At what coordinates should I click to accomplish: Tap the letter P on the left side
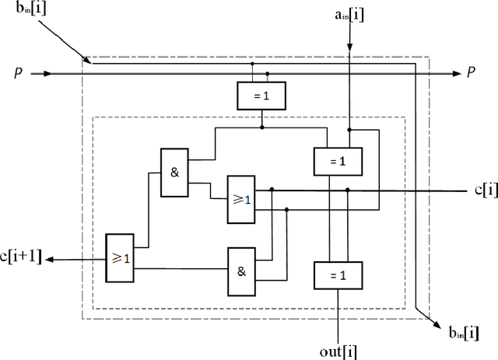pos(17,73)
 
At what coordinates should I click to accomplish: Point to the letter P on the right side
pos(471,73)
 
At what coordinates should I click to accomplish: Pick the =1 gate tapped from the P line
pos(261,96)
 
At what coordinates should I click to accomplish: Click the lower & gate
pos(241,271)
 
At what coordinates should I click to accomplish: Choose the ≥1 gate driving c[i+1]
pos(119,256)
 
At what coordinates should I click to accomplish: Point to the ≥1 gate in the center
pos(241,198)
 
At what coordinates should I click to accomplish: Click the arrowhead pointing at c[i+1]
pos(51,259)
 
